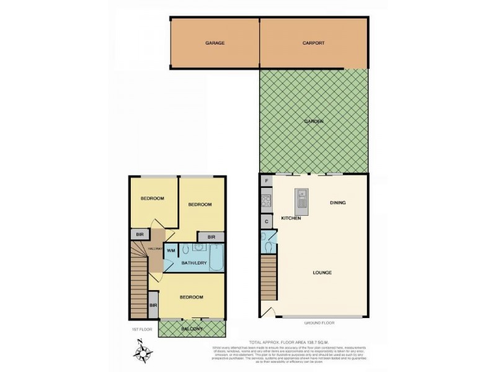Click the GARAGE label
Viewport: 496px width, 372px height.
[215, 43]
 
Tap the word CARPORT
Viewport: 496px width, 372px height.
[314, 43]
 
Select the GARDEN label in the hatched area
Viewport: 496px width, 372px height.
[314, 121]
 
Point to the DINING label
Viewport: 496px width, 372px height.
[338, 203]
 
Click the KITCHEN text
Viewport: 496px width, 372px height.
[291, 218]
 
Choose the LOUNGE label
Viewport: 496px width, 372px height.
[322, 273]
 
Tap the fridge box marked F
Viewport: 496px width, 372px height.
[267, 181]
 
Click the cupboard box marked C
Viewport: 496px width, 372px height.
[267, 221]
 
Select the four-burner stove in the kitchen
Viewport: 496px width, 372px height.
[266, 201]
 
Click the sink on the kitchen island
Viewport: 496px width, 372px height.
[301, 198]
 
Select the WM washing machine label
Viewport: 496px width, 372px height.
[171, 250]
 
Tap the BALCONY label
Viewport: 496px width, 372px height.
[192, 329]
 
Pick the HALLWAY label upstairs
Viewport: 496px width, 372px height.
[155, 249]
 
